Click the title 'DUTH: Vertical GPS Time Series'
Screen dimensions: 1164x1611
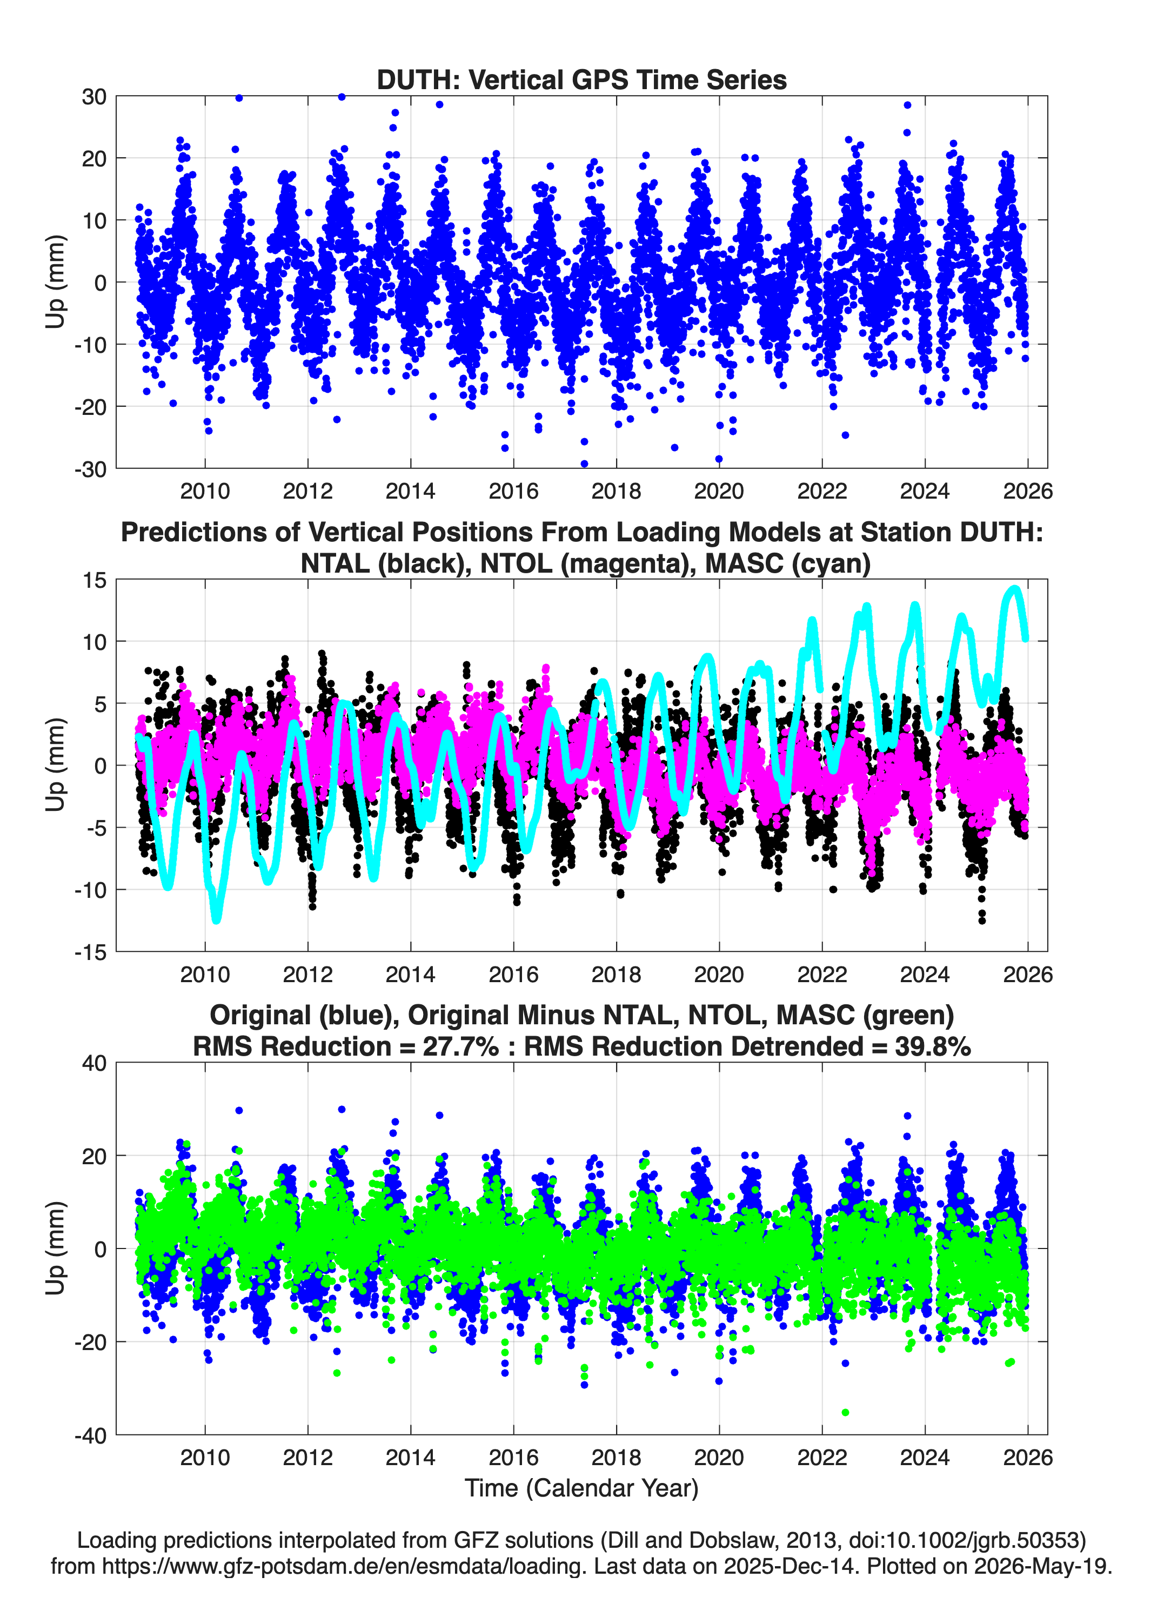(581, 79)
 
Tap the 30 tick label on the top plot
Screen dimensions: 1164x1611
(94, 97)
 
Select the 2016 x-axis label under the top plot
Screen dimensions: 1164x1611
(513, 491)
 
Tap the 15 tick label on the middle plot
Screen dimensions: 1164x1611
(94, 580)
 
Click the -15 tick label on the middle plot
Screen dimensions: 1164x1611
(90, 952)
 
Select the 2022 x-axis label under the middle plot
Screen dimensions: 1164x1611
(822, 974)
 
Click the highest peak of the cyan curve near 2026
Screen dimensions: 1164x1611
(1015, 589)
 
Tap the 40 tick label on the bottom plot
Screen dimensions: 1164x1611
(94, 1063)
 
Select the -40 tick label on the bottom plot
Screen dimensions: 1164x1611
(90, 1435)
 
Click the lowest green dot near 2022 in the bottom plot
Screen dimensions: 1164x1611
(845, 1412)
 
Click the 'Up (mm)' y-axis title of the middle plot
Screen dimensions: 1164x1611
(56, 765)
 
